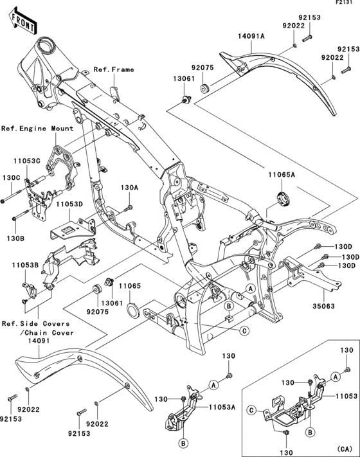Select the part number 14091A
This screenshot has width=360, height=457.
250,37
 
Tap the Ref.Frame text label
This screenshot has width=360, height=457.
114,69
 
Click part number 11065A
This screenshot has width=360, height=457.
282,175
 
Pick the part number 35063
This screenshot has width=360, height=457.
325,307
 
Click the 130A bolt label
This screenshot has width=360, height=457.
129,188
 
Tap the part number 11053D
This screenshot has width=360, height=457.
68,204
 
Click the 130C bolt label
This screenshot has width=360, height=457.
12,177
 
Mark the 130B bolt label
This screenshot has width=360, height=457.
15,238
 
